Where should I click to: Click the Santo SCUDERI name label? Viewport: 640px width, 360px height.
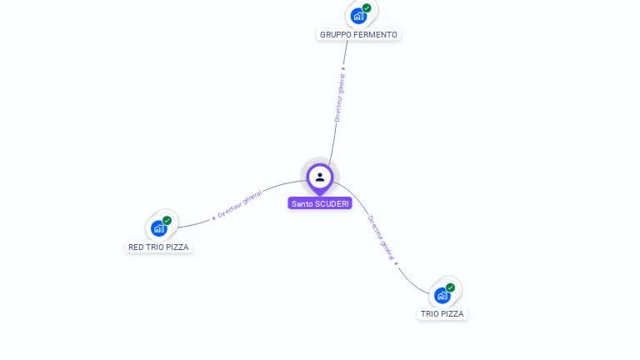pyautogui.click(x=320, y=203)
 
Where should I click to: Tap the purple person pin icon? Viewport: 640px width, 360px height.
pyautogui.click(x=320, y=177)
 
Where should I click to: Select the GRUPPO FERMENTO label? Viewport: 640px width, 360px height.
pyautogui.click(x=358, y=35)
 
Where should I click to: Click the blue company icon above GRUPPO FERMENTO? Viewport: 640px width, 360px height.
pyautogui.click(x=357, y=16)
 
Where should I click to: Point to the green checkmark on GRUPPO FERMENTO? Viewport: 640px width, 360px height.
pyautogui.click(x=367, y=8)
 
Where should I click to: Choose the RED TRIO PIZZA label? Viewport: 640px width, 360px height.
pyautogui.click(x=158, y=247)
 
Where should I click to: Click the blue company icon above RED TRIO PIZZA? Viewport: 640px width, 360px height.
pyautogui.click(x=158, y=228)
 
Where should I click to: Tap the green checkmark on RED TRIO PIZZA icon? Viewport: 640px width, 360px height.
pyautogui.click(x=167, y=221)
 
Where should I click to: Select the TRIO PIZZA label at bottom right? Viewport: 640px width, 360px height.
pyautogui.click(x=442, y=314)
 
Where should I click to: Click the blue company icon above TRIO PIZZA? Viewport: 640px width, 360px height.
pyautogui.click(x=442, y=295)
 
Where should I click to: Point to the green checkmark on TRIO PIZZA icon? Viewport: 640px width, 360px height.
pyautogui.click(x=451, y=287)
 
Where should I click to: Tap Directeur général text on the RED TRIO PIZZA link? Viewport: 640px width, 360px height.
pyautogui.click(x=239, y=204)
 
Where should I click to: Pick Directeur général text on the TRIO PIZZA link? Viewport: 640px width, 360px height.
pyautogui.click(x=381, y=237)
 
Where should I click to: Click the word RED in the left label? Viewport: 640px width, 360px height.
pyautogui.click(x=136, y=247)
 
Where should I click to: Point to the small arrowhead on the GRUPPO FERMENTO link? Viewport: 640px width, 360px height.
pyautogui.click(x=344, y=68)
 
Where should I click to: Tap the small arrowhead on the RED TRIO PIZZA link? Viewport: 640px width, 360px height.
pyautogui.click(x=213, y=217)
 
